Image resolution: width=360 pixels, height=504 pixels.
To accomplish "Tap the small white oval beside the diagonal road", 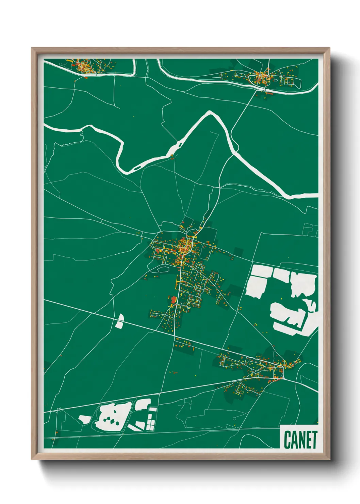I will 119,321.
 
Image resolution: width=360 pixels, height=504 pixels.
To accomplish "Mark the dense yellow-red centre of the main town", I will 185,246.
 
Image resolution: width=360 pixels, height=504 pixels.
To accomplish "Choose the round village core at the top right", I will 262,78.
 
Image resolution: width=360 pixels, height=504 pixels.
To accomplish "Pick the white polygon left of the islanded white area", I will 84,419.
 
